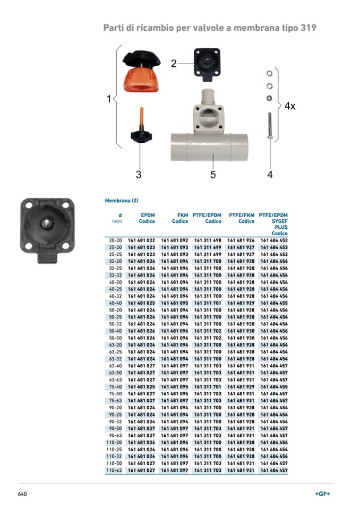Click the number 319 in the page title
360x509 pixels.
pos(308,28)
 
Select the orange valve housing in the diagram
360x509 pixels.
pos(141,80)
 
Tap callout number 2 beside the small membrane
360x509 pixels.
pos(174,64)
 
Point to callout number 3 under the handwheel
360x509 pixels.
pos(139,174)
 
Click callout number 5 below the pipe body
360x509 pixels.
pos(213,174)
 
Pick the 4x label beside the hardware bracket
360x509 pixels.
pos(290,106)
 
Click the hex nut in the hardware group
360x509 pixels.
pos(270,98)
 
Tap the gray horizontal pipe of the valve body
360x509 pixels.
pos(210,147)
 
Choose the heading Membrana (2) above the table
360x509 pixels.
pos(122,201)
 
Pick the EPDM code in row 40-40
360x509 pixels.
pos(141,303)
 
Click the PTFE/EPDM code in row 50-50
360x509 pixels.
pos(208,337)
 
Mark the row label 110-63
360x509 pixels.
pos(114,470)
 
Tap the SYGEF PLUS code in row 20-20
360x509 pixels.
pos(274,240)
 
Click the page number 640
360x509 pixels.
pos(22,494)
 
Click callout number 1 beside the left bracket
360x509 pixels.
pos(109,99)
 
